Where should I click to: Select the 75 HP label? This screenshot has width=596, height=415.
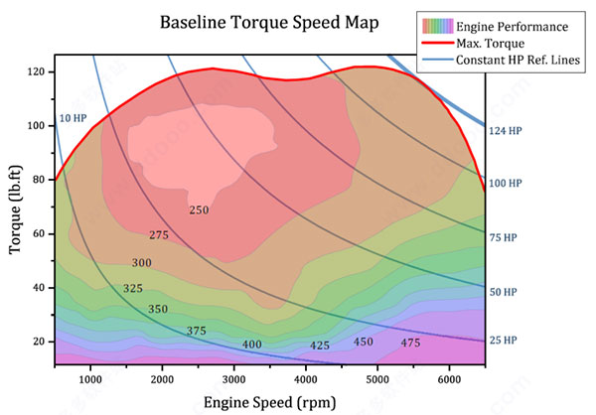pyautogui.click(x=505, y=238)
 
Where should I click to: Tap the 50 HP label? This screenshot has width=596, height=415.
pyautogui.click(x=505, y=292)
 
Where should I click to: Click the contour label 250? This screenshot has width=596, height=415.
pyautogui.click(x=199, y=209)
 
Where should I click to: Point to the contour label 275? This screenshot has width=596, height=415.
pyautogui.click(x=159, y=235)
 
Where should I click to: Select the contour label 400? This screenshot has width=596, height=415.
pyautogui.click(x=252, y=345)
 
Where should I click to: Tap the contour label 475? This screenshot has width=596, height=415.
pyautogui.click(x=409, y=343)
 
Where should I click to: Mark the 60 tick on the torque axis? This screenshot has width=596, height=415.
pyautogui.click(x=40, y=233)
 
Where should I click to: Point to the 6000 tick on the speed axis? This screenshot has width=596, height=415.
pyautogui.click(x=449, y=378)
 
